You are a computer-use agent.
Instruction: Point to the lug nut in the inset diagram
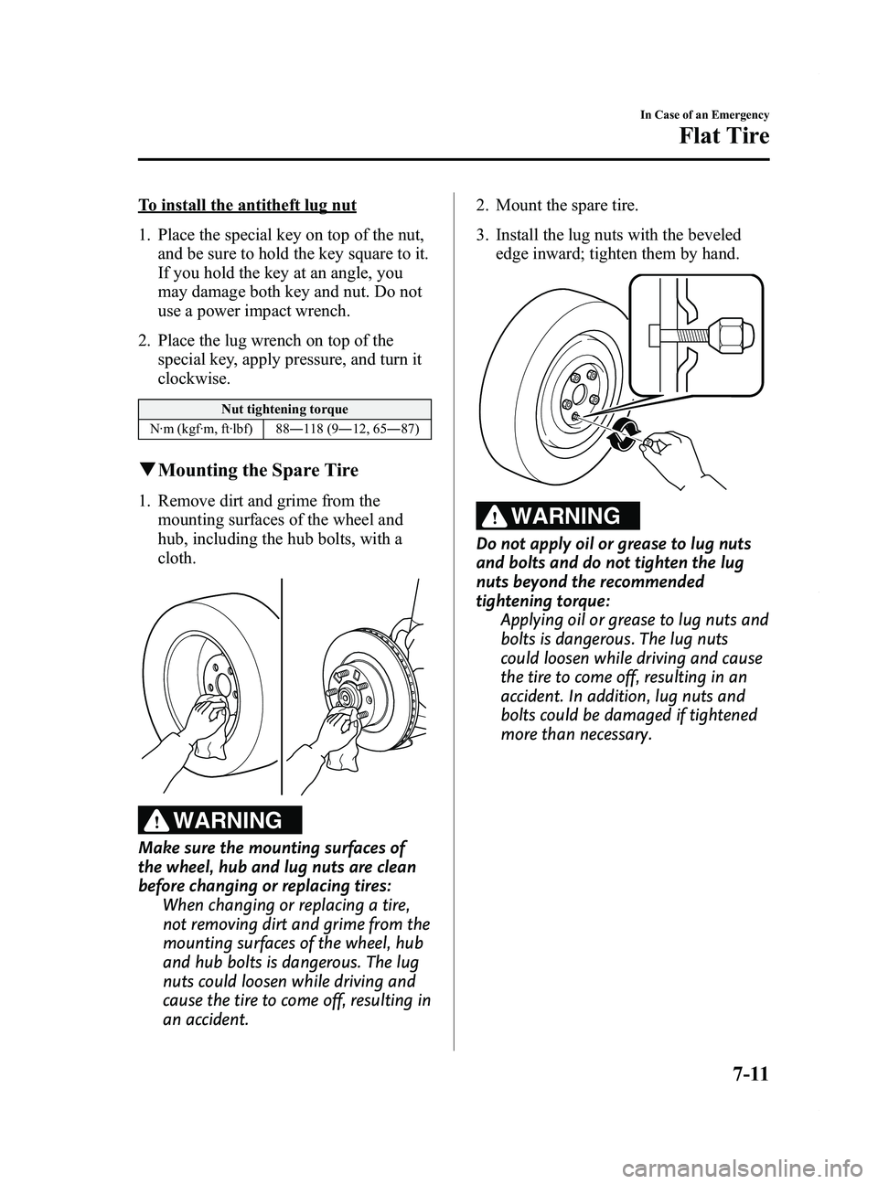(x=729, y=336)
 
